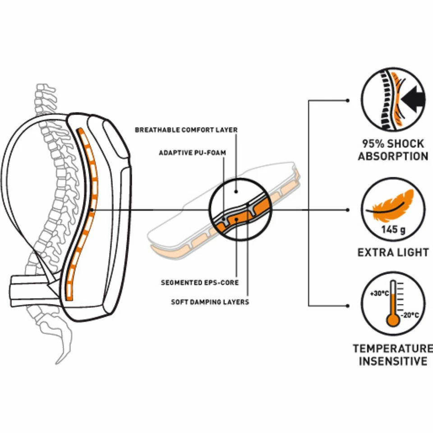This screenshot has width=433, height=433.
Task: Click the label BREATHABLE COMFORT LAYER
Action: [186, 130]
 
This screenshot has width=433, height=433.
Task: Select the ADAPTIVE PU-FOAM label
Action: [192, 153]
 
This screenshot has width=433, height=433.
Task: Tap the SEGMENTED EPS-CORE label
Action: [199, 283]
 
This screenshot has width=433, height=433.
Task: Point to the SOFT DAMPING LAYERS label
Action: [210, 302]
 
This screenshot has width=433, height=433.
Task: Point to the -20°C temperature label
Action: [410, 315]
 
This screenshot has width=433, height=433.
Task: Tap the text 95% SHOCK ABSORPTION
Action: [393, 150]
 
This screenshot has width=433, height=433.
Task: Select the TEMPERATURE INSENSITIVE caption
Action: [393, 355]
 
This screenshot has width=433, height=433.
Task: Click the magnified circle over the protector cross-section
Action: [240, 210]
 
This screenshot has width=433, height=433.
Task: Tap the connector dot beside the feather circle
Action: [347, 210]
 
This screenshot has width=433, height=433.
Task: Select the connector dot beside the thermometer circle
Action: [347, 305]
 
